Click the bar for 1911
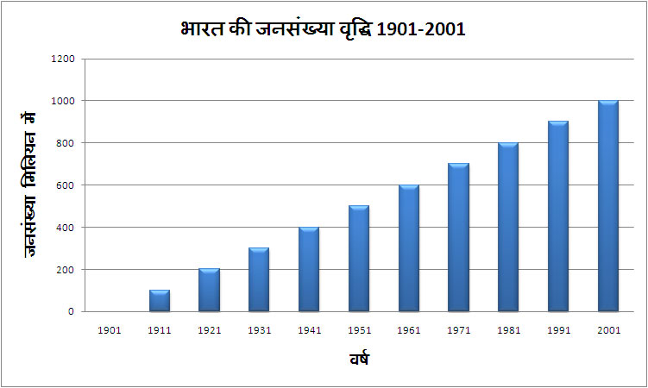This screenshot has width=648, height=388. [x=160, y=301]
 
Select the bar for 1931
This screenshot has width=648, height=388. [x=259, y=280]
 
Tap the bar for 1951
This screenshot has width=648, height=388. [x=359, y=259]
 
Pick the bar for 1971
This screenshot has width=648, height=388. [x=458, y=238]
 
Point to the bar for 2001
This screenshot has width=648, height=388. [x=608, y=207]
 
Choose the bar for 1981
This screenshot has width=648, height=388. [x=508, y=228]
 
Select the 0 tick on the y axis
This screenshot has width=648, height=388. [x=72, y=311]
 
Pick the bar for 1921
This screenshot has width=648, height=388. [x=210, y=291]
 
